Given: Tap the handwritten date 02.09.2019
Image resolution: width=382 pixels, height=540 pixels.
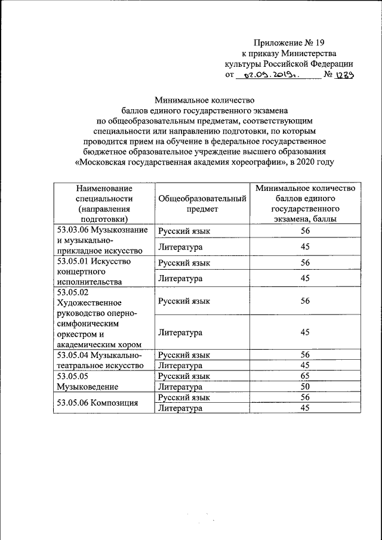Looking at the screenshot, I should point(266,75).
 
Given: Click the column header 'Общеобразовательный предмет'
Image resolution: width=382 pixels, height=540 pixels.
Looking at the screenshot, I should point(202,203).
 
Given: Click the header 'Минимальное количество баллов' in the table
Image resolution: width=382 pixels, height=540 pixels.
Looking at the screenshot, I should point(305,203).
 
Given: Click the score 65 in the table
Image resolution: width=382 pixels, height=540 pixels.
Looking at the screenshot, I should point(305,377).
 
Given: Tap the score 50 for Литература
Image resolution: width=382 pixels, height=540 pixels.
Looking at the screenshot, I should point(305,387).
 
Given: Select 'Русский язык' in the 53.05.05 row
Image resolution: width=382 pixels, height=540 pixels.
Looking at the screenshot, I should point(184,377).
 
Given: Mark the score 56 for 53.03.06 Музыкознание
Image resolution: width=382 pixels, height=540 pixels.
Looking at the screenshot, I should point(305,231).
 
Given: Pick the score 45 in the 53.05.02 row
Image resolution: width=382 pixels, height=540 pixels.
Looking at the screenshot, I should point(305,332).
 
